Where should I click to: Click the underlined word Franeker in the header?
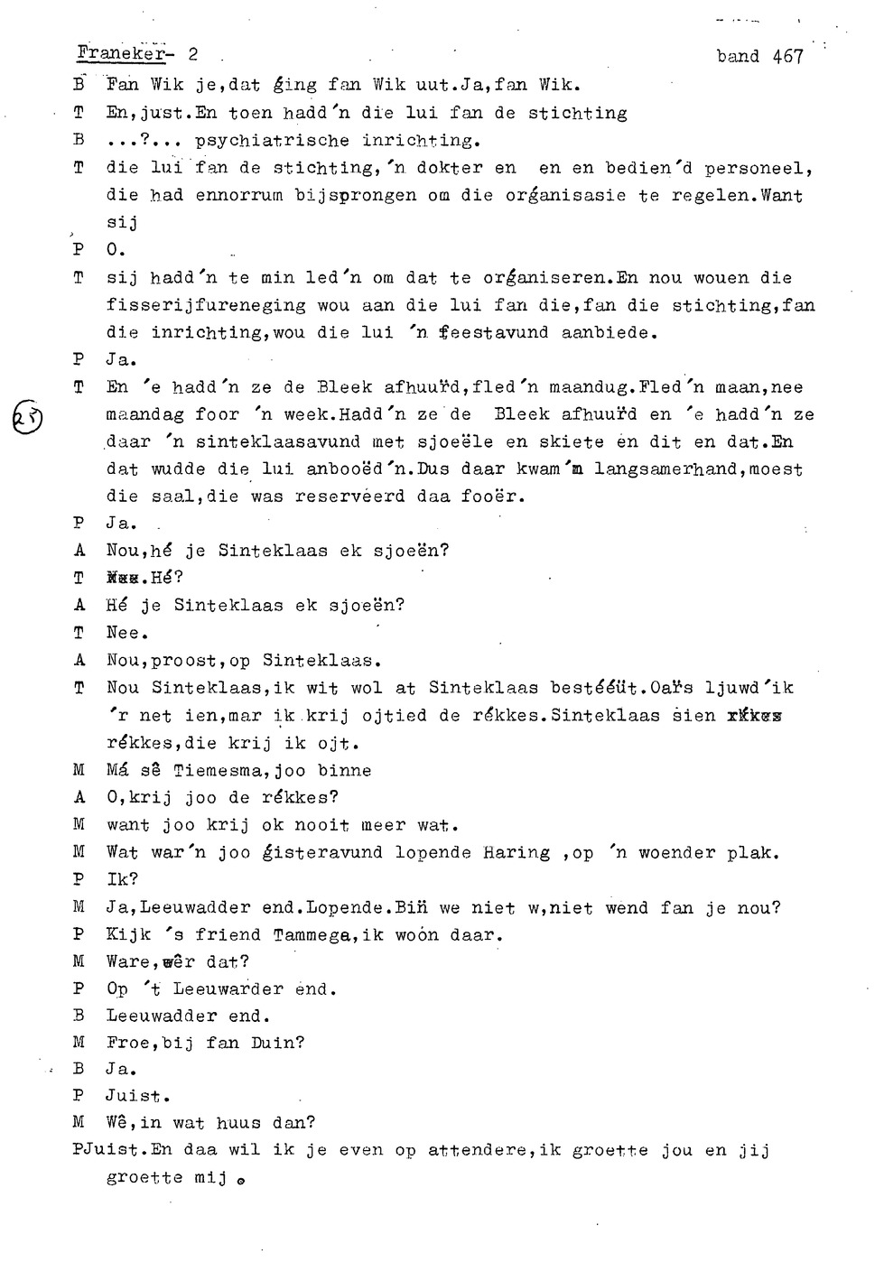point(120,54)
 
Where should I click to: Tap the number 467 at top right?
point(787,57)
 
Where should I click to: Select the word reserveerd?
point(349,496)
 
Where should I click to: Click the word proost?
point(185,661)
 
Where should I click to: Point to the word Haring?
point(516,852)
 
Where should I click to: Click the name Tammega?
point(312,935)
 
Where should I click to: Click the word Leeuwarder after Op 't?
point(228,989)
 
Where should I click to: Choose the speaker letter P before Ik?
point(79,879)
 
